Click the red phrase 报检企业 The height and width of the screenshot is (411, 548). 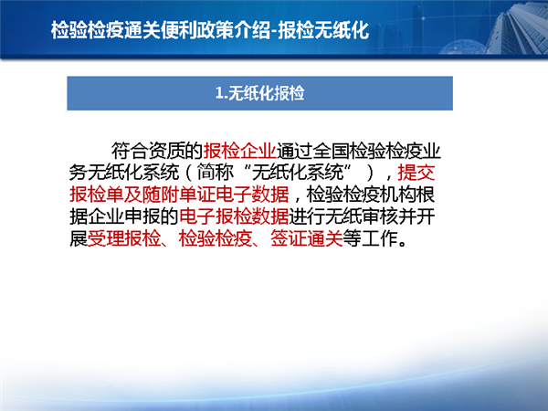click(239, 151)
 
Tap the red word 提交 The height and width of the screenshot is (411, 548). click(416, 173)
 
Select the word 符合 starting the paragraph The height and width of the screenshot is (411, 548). click(130, 151)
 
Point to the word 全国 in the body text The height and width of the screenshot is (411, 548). click(331, 151)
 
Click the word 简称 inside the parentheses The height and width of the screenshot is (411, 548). click(215, 173)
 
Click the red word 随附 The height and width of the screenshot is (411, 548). click(161, 195)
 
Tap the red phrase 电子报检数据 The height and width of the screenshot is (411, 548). click(234, 216)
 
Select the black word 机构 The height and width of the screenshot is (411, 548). click(398, 195)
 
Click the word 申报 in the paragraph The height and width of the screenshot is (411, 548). click(142, 216)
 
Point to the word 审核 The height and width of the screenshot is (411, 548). click(380, 216)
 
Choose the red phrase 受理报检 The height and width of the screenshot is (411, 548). click(124, 238)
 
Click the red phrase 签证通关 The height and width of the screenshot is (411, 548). click(307, 238)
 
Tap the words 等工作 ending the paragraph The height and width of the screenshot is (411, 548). click(370, 238)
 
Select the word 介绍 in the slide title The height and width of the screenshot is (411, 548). click(251, 30)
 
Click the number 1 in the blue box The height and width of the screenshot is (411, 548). click(219, 93)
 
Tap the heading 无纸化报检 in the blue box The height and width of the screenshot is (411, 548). click(267, 93)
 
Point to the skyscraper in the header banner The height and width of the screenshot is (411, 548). click(517, 30)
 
